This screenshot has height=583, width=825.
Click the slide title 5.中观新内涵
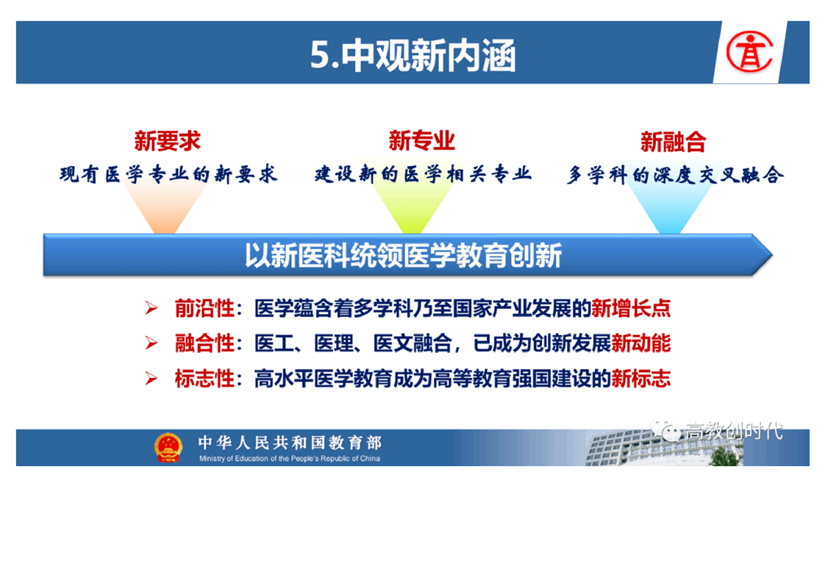pyautogui.click(x=413, y=54)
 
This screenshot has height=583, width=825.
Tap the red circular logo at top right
pyautogui.click(x=749, y=51)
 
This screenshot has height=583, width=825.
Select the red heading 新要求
pyautogui.click(x=168, y=141)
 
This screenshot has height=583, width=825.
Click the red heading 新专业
pyautogui.click(x=421, y=140)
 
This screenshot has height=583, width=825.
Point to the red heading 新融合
pyautogui.click(x=673, y=142)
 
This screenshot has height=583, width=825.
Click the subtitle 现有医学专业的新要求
pyautogui.click(x=168, y=174)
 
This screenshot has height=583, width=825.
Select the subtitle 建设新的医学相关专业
pyautogui.click(x=423, y=174)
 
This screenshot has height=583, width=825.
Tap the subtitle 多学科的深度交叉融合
pyautogui.click(x=675, y=175)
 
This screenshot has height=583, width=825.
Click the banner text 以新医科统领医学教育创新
pyautogui.click(x=404, y=256)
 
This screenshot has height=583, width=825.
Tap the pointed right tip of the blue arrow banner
pyautogui.click(x=772, y=255)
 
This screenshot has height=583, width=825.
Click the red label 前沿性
pyautogui.click(x=204, y=308)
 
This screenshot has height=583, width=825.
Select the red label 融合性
pyautogui.click(x=204, y=343)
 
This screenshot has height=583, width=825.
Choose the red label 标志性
pyautogui.click(x=204, y=379)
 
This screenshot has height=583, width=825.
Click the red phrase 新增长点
pyautogui.click(x=631, y=308)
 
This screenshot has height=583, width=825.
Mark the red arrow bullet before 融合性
pyautogui.click(x=151, y=343)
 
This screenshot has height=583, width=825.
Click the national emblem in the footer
pyautogui.click(x=168, y=447)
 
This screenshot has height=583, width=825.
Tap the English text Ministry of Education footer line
pyautogui.click(x=290, y=458)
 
